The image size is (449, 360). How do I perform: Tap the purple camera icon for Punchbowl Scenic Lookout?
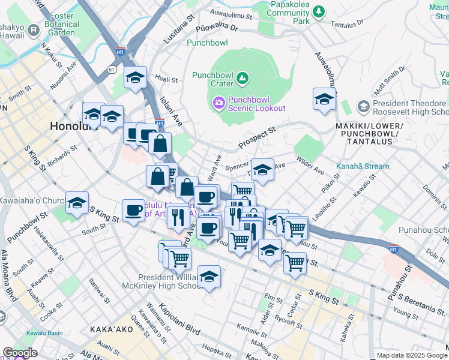point(219,103)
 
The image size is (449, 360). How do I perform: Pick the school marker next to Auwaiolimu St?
point(324,99)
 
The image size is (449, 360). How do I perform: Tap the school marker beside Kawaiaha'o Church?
point(77,203)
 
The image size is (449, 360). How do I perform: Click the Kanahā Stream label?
point(364,166)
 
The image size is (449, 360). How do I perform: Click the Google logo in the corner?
point(20,353)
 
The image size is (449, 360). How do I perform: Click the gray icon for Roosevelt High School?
point(363,107)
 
